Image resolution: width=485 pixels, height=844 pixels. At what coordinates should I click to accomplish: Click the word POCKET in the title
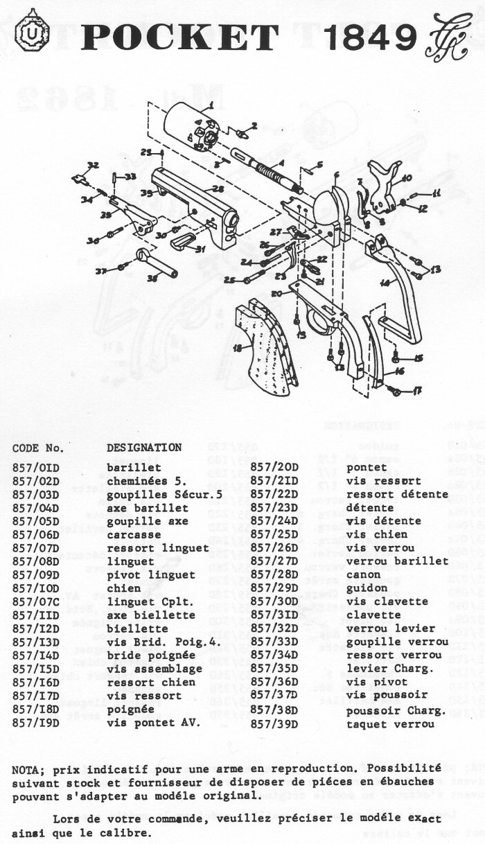pyautogui.click(x=180, y=37)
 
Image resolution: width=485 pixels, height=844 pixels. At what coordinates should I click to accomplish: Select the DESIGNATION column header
pyautogui.click(x=144, y=448)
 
